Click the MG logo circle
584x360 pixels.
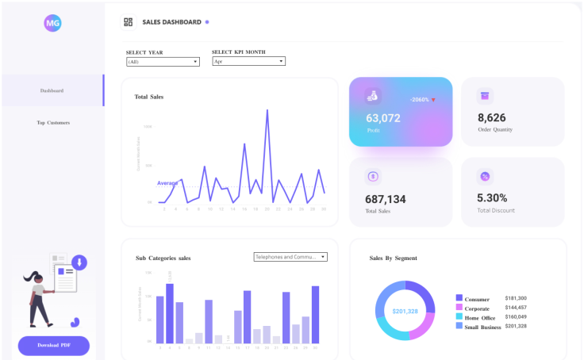52,23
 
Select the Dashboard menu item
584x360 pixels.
52,90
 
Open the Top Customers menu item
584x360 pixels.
53,123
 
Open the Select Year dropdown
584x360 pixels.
163,61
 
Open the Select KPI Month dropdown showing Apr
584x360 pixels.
248,61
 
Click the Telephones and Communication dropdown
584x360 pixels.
290,257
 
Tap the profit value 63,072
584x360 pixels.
383,118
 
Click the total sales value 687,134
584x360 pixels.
386,199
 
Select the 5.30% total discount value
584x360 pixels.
492,198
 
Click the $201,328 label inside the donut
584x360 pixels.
405,311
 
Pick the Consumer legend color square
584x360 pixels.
459,298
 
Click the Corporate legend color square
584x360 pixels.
459,308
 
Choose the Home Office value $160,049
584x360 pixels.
516,317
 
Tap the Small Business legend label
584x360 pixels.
482,327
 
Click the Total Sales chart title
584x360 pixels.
149,97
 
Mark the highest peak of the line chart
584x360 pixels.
267,110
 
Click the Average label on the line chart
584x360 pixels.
167,183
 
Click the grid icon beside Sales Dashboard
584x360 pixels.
129,22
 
